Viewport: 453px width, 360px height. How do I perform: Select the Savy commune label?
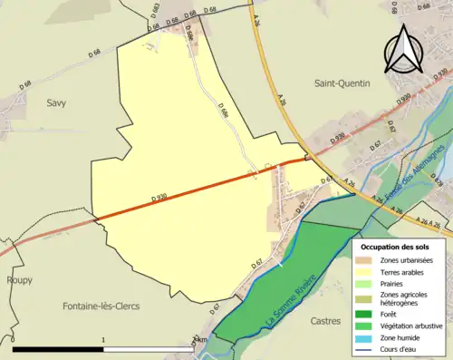(x=56, y=103)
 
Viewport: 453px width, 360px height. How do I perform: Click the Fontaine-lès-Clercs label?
(x=101, y=306)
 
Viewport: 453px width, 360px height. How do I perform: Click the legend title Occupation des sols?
(x=394, y=246)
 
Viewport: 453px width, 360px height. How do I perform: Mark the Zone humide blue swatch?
(x=367, y=336)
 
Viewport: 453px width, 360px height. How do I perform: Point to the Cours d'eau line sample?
(x=367, y=347)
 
